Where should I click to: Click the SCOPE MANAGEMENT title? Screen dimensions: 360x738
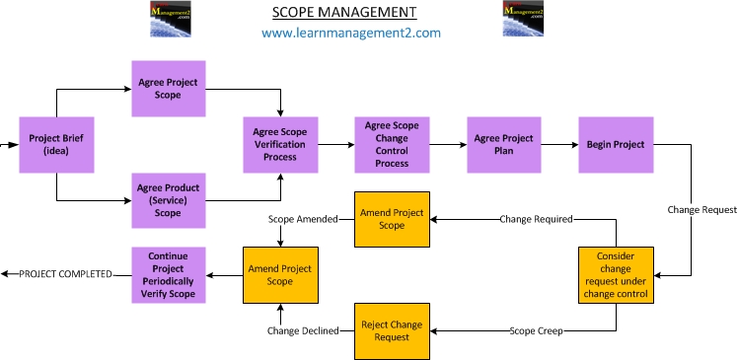pyautogui.click(x=343, y=13)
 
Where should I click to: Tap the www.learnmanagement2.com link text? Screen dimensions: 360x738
pyautogui.click(x=350, y=33)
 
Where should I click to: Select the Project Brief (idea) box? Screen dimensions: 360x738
pyautogui.click(x=56, y=146)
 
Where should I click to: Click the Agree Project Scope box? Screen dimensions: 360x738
pyautogui.click(x=169, y=89)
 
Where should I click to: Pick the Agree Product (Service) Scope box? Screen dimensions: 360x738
pyautogui.click(x=169, y=200)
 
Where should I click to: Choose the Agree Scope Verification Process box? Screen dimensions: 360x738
pyautogui.click(x=281, y=144)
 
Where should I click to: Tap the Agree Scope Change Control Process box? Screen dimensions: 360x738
pyautogui.click(x=393, y=144)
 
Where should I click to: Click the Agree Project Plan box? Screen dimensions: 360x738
pyautogui.click(x=504, y=144)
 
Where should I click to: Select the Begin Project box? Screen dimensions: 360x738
pyautogui.click(x=616, y=144)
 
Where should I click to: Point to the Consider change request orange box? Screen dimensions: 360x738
pyautogui.click(x=616, y=274)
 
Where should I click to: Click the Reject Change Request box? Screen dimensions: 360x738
pyautogui.click(x=393, y=330)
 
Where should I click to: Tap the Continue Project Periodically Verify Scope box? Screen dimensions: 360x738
pyautogui.click(x=169, y=274)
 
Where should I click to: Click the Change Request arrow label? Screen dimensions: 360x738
pyautogui.click(x=701, y=210)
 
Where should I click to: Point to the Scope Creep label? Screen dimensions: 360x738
pyautogui.click(x=537, y=330)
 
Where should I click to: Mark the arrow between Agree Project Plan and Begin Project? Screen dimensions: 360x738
pyautogui.click(x=560, y=144)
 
